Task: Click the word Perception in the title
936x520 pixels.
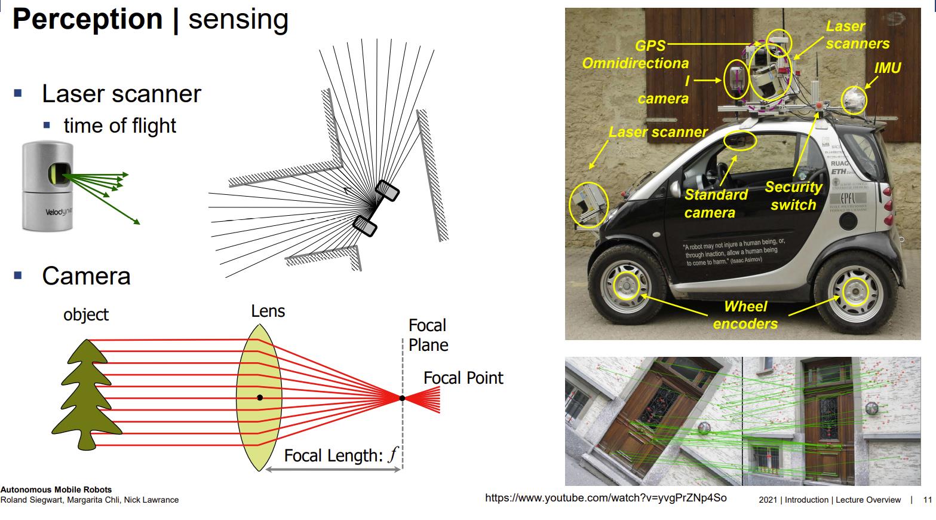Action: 87,19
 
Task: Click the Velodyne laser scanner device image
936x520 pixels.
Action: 48,186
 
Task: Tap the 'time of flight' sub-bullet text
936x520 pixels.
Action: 119,126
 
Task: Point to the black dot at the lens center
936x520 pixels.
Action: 260,397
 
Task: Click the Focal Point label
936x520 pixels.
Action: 463,378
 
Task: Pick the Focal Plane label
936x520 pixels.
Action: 428,335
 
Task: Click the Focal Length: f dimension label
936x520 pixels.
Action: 340,456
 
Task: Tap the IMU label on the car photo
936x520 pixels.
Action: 887,68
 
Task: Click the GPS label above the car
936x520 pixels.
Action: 649,45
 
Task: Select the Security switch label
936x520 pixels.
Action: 793,196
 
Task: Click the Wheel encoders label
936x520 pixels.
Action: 745,315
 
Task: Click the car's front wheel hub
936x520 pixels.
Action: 627,285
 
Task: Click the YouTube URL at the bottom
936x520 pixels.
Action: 606,498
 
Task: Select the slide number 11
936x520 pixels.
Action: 927,500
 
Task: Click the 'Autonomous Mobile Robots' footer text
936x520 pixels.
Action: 56,490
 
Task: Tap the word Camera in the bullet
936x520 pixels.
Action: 86,276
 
